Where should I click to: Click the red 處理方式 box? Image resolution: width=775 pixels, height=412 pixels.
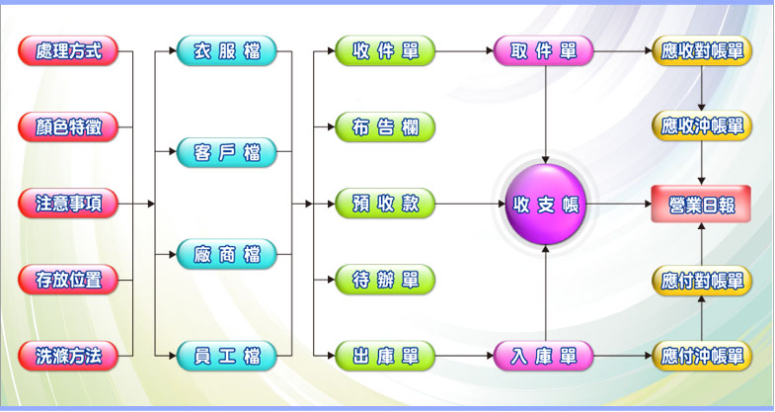click(x=68, y=50)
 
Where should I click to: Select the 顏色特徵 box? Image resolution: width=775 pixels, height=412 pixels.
click(x=68, y=126)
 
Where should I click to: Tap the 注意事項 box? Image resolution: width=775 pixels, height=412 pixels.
click(x=68, y=204)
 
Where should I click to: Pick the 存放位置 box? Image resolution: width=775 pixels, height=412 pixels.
click(x=68, y=280)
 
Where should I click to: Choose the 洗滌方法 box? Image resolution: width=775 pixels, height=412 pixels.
click(x=68, y=356)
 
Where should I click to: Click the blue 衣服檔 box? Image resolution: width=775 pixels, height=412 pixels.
click(x=227, y=50)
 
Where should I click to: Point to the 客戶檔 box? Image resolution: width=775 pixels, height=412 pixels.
click(x=227, y=153)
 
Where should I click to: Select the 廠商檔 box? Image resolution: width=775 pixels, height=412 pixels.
click(x=227, y=254)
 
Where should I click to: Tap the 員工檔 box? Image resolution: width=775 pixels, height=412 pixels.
click(x=227, y=356)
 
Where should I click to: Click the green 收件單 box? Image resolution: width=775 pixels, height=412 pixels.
click(x=385, y=50)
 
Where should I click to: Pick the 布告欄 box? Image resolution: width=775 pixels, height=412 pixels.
click(x=385, y=126)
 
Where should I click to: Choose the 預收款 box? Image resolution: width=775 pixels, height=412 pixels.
click(x=385, y=204)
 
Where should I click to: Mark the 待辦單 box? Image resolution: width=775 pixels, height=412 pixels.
click(x=385, y=280)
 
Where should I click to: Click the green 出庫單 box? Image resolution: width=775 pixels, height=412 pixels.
click(x=385, y=356)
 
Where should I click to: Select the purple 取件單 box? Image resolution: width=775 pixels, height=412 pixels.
click(x=544, y=50)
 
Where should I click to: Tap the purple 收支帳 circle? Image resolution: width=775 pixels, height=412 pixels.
click(x=545, y=205)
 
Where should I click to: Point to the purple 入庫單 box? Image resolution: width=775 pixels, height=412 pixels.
click(x=544, y=356)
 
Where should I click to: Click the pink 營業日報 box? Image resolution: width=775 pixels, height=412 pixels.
click(x=702, y=205)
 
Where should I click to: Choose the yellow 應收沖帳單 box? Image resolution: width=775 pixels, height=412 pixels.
click(x=702, y=126)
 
